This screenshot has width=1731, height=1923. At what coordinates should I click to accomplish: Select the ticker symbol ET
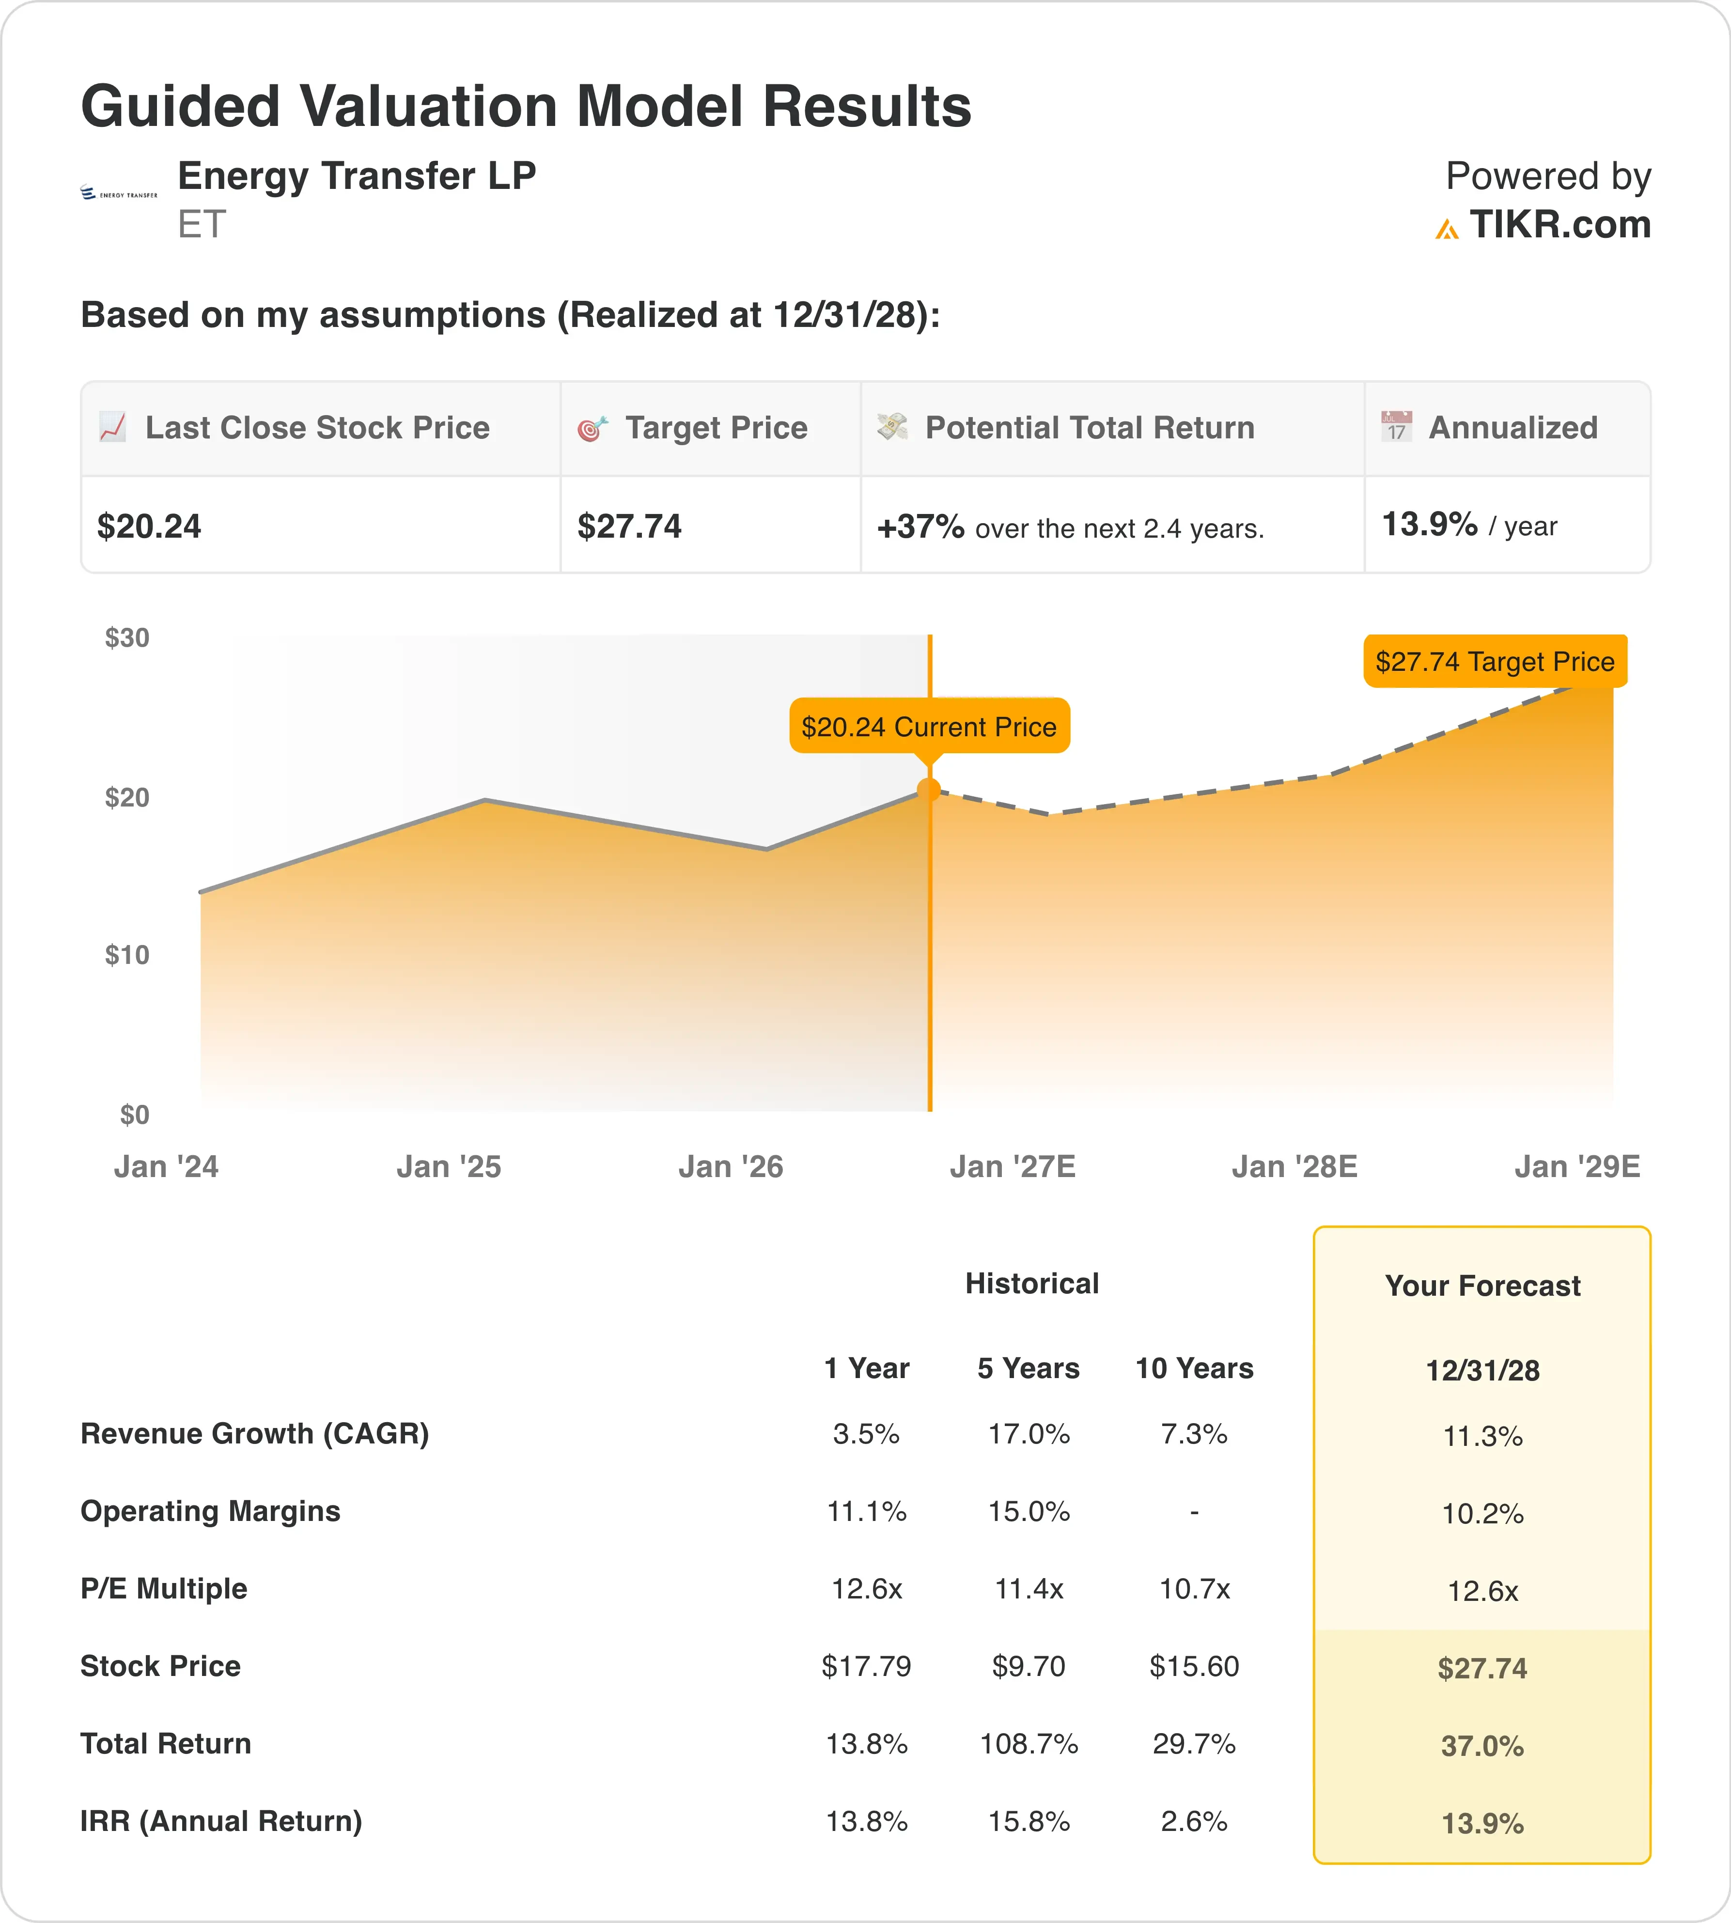click(x=202, y=224)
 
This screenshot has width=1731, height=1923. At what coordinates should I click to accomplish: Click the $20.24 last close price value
click(x=149, y=526)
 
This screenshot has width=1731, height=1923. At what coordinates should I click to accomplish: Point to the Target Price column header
click(x=716, y=428)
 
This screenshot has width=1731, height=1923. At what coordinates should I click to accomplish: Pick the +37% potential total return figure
click(x=920, y=526)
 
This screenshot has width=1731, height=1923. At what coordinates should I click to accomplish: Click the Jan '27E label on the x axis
click(x=1013, y=1167)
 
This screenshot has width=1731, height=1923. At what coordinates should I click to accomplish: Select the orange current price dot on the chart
click(x=929, y=790)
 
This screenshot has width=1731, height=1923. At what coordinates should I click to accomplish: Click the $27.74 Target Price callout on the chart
click(x=1495, y=661)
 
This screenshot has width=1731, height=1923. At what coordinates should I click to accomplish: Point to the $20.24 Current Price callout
click(x=929, y=727)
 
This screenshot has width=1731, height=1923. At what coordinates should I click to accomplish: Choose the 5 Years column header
click(x=1028, y=1368)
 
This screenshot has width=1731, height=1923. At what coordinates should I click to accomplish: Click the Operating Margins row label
click(x=210, y=1511)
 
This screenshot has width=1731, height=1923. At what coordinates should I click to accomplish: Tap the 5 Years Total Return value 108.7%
click(x=1029, y=1744)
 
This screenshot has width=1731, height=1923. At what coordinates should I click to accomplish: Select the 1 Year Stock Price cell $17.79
click(x=866, y=1666)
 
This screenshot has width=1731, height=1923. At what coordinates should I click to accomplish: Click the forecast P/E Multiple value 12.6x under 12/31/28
click(x=1483, y=1591)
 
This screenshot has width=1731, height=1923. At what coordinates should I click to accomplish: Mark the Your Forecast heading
click(x=1483, y=1286)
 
